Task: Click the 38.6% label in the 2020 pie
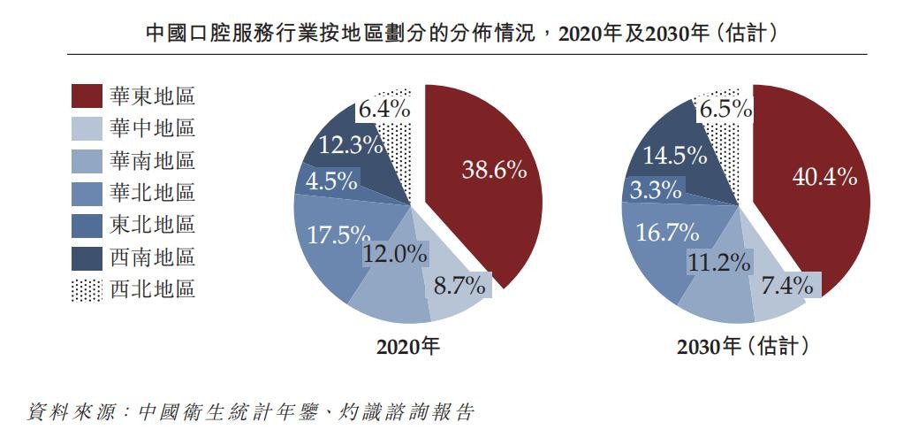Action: tap(494, 171)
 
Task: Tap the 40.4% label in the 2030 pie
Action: tap(824, 177)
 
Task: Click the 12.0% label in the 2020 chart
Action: tap(395, 254)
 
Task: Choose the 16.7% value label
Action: tap(667, 234)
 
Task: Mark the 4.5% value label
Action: tap(331, 181)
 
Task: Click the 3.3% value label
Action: tap(656, 189)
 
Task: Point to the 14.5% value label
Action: tap(674, 156)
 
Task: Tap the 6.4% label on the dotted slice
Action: tap(383, 110)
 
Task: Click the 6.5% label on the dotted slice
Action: tap(725, 110)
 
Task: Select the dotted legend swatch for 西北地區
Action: tap(86, 288)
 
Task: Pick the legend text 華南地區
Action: tap(152, 161)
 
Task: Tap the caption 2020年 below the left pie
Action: tap(407, 348)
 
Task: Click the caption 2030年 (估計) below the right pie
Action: tap(742, 348)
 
